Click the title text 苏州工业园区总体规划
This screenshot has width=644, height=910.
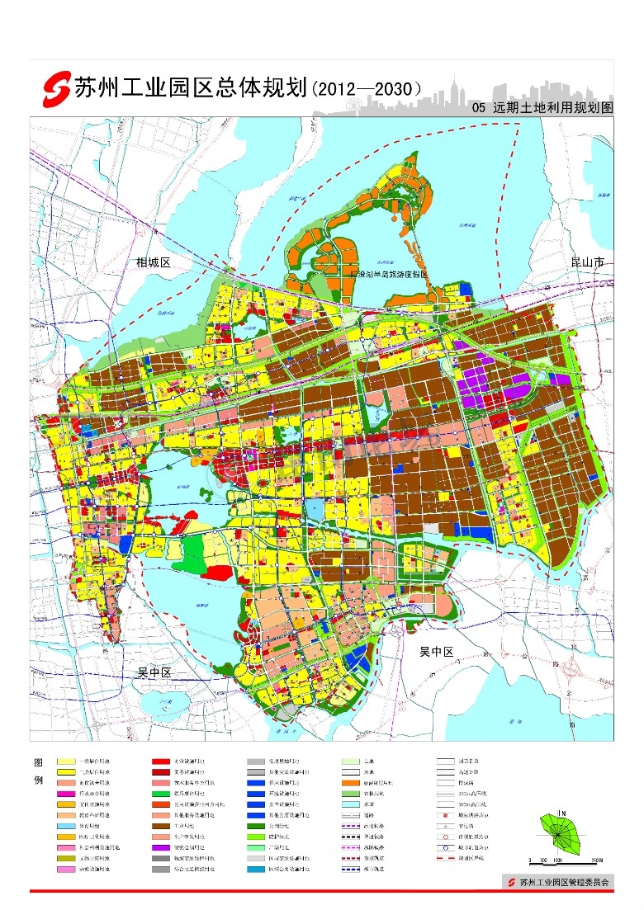190,87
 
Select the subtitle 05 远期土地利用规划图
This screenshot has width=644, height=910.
541,108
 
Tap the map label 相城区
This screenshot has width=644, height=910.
153,262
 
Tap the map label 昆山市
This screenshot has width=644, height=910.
587,262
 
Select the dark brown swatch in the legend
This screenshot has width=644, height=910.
162,826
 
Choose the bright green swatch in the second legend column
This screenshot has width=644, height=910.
162,793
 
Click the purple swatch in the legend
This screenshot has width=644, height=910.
162,847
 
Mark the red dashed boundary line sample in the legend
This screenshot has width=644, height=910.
447,858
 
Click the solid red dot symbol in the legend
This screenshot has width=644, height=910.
447,815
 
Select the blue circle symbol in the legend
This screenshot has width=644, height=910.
447,847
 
